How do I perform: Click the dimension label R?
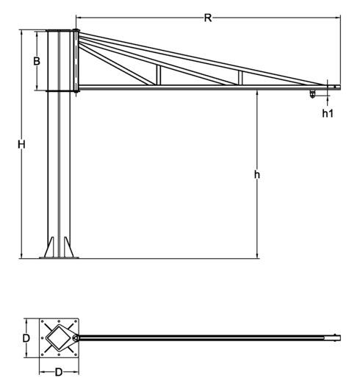[x=208, y=18]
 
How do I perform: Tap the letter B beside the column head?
[x=36, y=61]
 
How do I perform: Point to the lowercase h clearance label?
[x=256, y=175]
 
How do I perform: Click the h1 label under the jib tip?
[x=328, y=113]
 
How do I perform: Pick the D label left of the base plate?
[x=26, y=339]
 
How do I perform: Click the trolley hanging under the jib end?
[x=312, y=93]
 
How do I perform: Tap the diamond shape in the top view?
[x=60, y=338]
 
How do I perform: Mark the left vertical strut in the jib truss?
[x=158, y=75]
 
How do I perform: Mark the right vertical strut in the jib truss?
[x=240, y=78]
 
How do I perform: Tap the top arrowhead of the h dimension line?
[x=257, y=93]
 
